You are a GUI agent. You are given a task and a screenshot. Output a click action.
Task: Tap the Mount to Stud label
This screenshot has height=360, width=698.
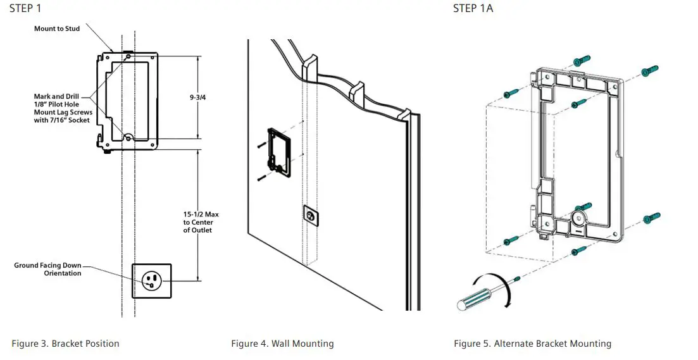click(57, 28)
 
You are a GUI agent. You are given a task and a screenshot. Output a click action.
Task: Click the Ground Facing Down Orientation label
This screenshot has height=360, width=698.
click(48, 270)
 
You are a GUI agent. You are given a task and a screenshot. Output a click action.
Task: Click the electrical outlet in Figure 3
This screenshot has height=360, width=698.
click(151, 280)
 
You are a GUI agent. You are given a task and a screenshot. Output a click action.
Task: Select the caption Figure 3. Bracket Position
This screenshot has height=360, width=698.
click(65, 344)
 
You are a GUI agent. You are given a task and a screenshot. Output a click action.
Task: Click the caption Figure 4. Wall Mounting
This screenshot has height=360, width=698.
click(282, 344)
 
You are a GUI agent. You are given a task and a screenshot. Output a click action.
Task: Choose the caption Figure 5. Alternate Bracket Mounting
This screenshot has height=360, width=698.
click(532, 344)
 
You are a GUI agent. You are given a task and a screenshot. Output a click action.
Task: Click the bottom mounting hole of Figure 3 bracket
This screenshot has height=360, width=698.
click(128, 137)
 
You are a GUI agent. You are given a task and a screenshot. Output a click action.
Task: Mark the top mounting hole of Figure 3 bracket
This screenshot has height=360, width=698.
click(129, 56)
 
